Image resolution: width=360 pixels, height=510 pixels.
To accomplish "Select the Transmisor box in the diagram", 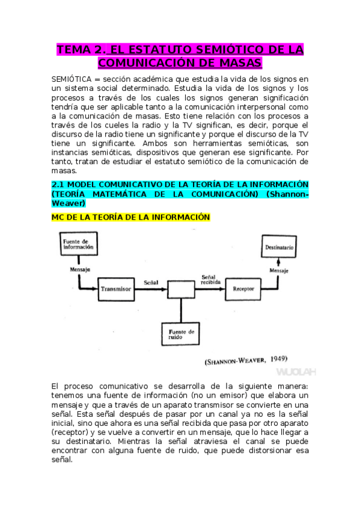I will pyautogui.click(x=116, y=289).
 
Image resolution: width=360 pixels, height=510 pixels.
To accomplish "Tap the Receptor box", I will pyautogui.click(x=243, y=289).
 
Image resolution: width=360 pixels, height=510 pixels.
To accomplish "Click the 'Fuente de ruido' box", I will pyautogui.click(x=182, y=334).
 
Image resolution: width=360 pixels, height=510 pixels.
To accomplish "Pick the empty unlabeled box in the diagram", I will pyautogui.click(x=182, y=289).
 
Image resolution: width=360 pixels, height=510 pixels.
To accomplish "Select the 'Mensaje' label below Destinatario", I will pyautogui.click(x=278, y=271).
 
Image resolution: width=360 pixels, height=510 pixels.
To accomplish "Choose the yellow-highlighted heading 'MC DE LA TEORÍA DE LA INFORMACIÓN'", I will pyautogui.click(x=130, y=217).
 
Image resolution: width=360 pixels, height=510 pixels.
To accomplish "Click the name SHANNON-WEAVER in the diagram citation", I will pyautogui.click(x=235, y=361).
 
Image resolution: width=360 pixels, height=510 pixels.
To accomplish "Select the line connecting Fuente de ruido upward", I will pyautogui.click(x=182, y=310).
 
